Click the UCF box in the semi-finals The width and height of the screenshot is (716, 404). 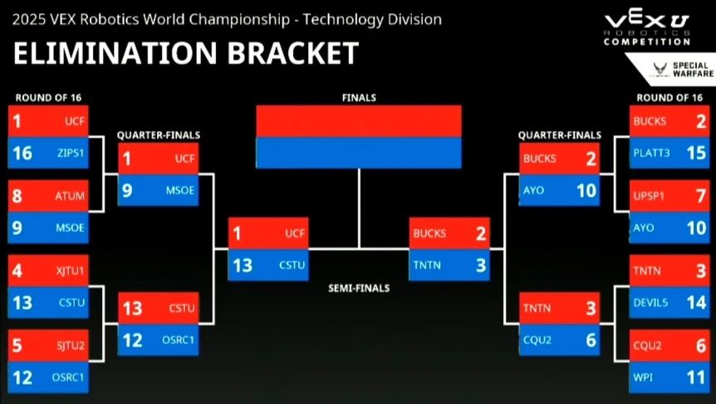pyautogui.click(x=268, y=234)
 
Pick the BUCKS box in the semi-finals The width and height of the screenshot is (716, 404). pyautogui.click(x=449, y=234)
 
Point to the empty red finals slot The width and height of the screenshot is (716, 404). pyautogui.click(x=359, y=121)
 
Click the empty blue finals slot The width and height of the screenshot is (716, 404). pyautogui.click(x=359, y=152)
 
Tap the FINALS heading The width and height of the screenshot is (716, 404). pyautogui.click(x=359, y=98)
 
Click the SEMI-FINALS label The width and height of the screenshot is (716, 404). pyautogui.click(x=358, y=288)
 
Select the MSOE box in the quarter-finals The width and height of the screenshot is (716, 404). pyautogui.click(x=158, y=190)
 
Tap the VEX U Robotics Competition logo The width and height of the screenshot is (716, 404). pyautogui.click(x=647, y=28)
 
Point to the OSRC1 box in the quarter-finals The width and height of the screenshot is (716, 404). pyautogui.click(x=158, y=339)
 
